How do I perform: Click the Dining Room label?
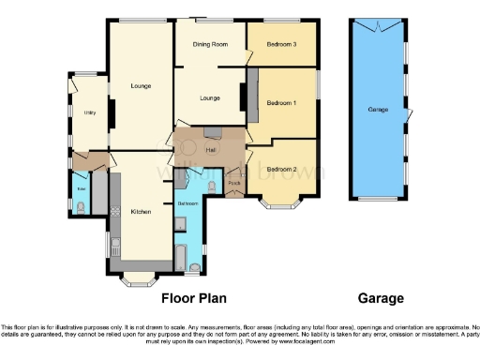tap(211, 44)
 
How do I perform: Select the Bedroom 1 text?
tap(281, 102)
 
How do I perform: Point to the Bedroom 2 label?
tap(281, 169)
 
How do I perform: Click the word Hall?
tap(212, 150)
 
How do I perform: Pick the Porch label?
tap(233, 183)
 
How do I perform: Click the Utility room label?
tap(90, 112)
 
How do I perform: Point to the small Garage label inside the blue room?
tap(378, 110)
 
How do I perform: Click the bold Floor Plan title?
tap(194, 298)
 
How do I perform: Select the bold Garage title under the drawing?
tap(381, 298)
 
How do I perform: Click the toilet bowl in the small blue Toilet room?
tap(79, 208)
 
